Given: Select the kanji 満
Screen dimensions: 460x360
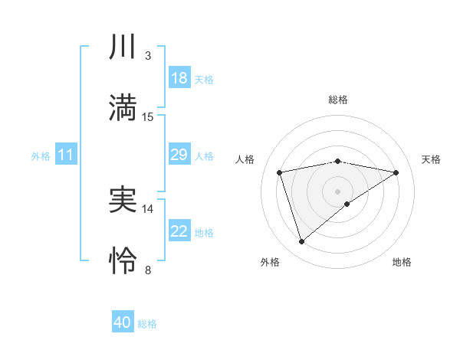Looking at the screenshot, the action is point(123,108).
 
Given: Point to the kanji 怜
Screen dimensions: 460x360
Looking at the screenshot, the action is point(123,261).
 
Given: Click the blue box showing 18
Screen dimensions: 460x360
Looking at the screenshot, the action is point(179,78).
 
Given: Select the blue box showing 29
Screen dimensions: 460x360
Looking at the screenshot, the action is point(179,155).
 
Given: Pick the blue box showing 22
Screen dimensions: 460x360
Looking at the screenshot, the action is point(179,231).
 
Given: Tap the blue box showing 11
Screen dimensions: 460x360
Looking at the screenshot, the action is point(66,155).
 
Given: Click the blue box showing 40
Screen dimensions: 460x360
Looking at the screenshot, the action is point(123,322).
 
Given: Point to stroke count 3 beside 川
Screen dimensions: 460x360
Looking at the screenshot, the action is point(147,56).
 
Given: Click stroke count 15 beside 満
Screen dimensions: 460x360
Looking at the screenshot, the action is point(147,116).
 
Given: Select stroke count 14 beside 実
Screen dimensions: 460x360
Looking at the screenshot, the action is point(147,208).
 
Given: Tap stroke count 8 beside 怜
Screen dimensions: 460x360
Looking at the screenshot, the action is point(147,270).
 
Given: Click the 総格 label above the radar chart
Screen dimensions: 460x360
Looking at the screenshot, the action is point(338,100).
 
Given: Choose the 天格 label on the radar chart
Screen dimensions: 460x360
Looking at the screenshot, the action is point(431,159).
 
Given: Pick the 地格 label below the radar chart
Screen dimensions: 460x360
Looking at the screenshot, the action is point(402,262).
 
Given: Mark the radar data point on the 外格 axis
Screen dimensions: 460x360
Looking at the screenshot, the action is point(301,242).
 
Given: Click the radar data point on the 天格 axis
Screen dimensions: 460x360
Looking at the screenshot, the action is point(396,172).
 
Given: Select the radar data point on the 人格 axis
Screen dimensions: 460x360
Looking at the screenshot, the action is point(280,172).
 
